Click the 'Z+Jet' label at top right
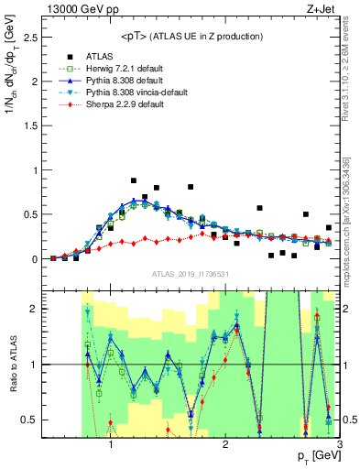click(x=322, y=8)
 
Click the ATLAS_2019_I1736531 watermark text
click(x=189, y=274)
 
